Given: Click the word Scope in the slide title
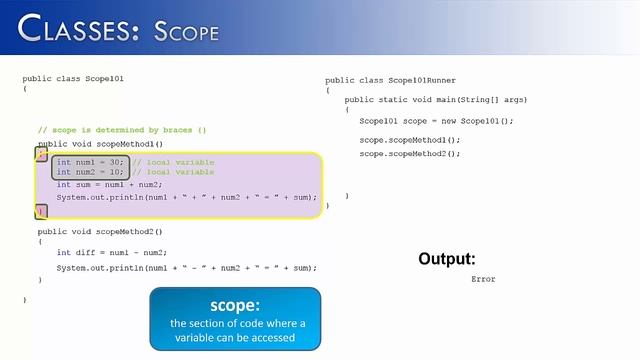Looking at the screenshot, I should coord(186,30).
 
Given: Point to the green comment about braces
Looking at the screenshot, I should coord(122,130).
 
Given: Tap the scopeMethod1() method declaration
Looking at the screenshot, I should coord(100,145).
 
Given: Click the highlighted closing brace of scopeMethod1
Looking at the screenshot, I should coord(41,210).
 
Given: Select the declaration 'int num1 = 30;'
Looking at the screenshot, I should coord(90,162).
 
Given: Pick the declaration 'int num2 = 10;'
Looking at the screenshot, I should coord(90,172).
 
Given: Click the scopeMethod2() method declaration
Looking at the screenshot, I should coord(100,231).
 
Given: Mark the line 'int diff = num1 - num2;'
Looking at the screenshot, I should coord(111,253).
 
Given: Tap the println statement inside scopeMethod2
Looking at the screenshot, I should coord(186,268).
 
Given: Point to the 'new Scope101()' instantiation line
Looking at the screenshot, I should coord(436,121).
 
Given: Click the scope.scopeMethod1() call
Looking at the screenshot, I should coord(410,140).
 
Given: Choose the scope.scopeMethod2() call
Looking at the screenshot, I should coord(410,154).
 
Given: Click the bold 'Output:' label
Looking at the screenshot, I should coord(446,259).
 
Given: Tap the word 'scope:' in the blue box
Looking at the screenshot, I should coord(235,305).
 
